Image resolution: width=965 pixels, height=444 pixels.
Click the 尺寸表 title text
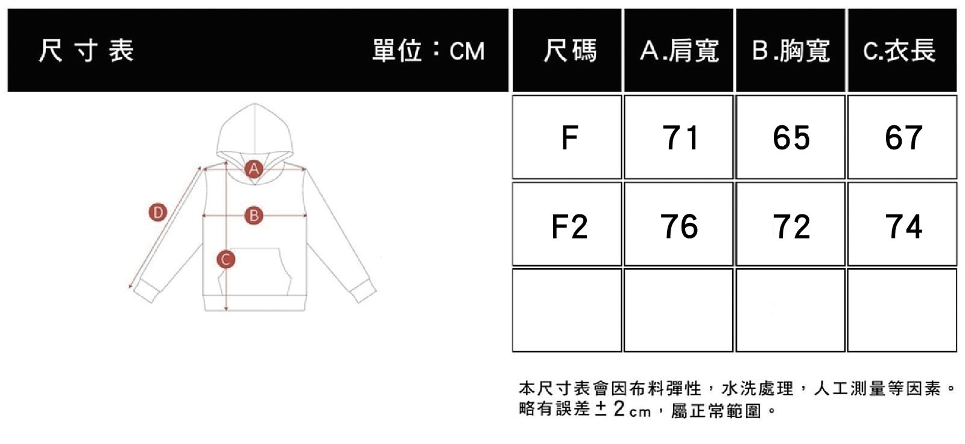click(86, 51)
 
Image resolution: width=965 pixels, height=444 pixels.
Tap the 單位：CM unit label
click(428, 51)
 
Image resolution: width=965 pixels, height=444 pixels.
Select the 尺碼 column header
click(569, 51)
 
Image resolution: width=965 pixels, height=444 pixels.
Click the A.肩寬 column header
click(679, 51)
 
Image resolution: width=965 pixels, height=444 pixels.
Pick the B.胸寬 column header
click(791, 51)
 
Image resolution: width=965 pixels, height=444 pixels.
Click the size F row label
click(569, 138)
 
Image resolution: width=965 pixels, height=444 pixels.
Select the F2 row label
click(569, 227)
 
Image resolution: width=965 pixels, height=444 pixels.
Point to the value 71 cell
click(680, 138)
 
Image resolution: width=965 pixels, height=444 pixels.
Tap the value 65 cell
click(791, 138)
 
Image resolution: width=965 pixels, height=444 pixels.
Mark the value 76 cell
click(680, 227)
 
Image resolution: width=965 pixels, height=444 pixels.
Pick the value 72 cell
click(791, 227)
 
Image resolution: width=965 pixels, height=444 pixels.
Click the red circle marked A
click(254, 169)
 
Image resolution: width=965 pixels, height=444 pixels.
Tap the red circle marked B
click(254, 215)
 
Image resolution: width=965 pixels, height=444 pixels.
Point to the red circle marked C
click(226, 260)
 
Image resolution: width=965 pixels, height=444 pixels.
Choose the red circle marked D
click(157, 212)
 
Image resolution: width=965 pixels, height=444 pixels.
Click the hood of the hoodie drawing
click(254, 130)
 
